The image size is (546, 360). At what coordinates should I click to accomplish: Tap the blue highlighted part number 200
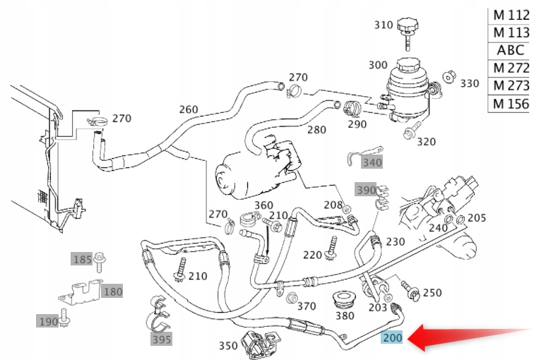click(x=392, y=338)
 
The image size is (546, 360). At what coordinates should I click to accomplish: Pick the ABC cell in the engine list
click(x=511, y=50)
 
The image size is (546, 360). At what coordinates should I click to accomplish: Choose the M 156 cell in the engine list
click(x=511, y=104)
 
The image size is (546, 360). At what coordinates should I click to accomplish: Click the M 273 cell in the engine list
click(x=511, y=85)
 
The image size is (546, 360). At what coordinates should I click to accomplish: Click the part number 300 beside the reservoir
click(x=378, y=65)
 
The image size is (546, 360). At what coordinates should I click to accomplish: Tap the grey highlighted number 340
click(x=372, y=163)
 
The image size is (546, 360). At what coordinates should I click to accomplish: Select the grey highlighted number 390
click(x=366, y=190)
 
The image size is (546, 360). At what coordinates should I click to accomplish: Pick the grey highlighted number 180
click(x=112, y=291)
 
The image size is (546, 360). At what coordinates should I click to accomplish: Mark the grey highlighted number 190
click(x=48, y=321)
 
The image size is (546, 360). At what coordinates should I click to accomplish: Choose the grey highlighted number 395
click(x=161, y=340)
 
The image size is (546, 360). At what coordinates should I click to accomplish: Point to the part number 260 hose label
click(x=189, y=109)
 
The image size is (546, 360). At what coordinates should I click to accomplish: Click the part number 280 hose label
click(x=316, y=130)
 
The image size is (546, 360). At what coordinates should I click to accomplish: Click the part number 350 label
click(x=228, y=345)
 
